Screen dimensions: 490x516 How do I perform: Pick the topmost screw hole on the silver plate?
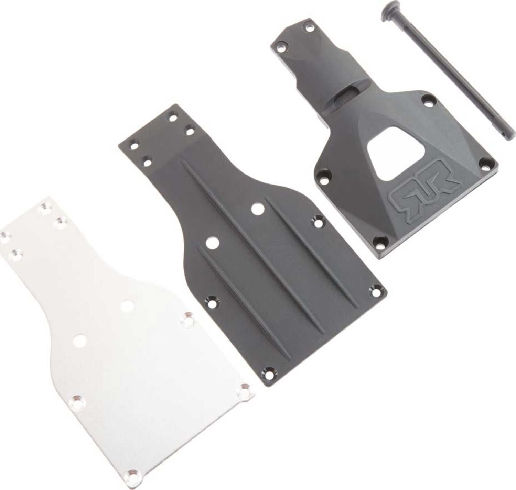45,207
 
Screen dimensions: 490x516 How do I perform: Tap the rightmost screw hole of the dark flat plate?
375,291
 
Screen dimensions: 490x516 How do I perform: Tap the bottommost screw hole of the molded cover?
380,241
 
